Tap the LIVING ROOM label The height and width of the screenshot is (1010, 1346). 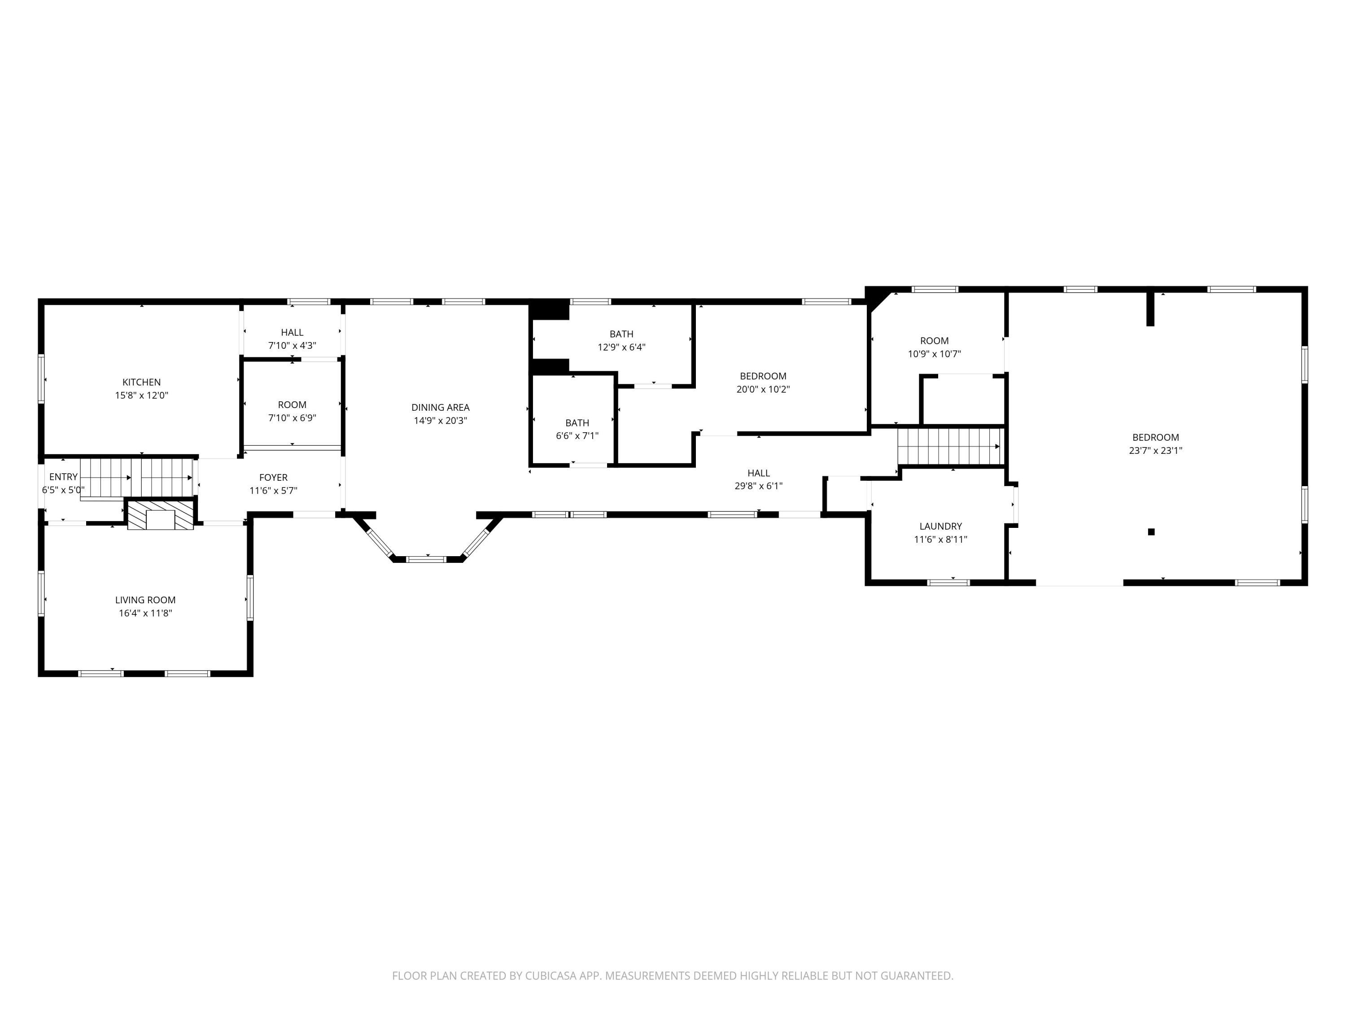(x=145, y=600)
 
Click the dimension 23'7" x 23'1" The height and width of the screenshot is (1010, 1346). (x=1155, y=451)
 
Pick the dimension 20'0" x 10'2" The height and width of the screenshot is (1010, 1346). (x=763, y=390)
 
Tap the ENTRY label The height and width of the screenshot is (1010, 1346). (x=63, y=477)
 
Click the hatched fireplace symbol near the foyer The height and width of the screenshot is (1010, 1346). (x=161, y=514)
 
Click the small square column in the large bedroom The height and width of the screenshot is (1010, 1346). (x=1151, y=532)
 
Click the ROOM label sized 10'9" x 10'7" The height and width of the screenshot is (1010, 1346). (x=934, y=341)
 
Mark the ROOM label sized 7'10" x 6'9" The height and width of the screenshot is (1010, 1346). (x=292, y=405)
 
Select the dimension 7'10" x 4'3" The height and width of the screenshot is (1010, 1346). (x=292, y=346)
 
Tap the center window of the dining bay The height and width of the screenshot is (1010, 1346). (x=427, y=559)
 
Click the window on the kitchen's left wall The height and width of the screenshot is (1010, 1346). (x=41, y=379)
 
